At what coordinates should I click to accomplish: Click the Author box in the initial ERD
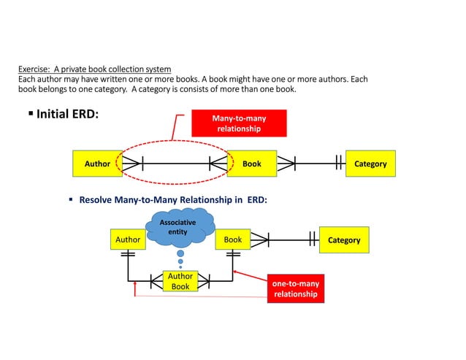(x=97, y=164)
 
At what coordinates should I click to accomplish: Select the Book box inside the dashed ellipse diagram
(x=251, y=164)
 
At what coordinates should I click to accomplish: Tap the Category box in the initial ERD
(x=370, y=164)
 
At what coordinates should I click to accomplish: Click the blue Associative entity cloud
(x=179, y=227)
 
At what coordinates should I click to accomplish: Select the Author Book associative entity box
(x=180, y=281)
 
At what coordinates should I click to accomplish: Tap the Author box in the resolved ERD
(x=128, y=240)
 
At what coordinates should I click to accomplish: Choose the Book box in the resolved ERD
(x=233, y=240)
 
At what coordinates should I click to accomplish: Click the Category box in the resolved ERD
(x=343, y=240)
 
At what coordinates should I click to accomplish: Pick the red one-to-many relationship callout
(x=295, y=288)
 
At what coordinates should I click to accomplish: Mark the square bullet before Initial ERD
(x=31, y=115)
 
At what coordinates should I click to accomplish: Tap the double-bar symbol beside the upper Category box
(x=337, y=164)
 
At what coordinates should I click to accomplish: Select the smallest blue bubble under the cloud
(x=180, y=267)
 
